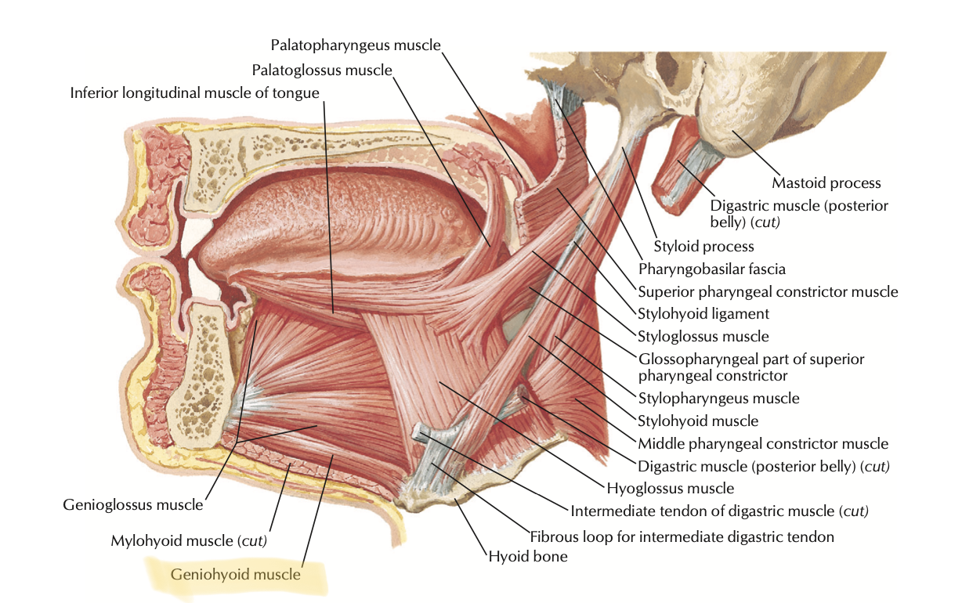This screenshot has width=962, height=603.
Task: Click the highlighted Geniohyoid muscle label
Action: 236,575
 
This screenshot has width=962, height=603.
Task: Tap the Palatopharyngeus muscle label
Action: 356,45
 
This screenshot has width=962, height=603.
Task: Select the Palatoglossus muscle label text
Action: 321,70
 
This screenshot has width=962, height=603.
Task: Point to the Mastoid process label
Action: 826,183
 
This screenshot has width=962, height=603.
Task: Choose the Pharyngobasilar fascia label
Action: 711,269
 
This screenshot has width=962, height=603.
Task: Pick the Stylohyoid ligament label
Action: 703,313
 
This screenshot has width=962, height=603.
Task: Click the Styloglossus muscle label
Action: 703,336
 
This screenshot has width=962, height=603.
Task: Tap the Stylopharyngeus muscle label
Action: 718,398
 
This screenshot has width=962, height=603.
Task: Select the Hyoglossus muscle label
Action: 670,488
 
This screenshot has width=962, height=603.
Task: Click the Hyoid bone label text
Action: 527,557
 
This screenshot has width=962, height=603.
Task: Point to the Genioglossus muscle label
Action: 132,504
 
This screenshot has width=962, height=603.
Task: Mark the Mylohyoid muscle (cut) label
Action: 189,540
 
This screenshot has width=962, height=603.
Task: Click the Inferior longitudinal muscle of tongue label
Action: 194,93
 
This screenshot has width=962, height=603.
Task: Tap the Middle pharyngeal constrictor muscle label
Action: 763,443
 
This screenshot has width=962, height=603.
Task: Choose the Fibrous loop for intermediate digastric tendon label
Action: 682,536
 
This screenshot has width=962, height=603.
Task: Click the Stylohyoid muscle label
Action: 698,421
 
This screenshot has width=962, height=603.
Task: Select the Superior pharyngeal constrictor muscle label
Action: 768,291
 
